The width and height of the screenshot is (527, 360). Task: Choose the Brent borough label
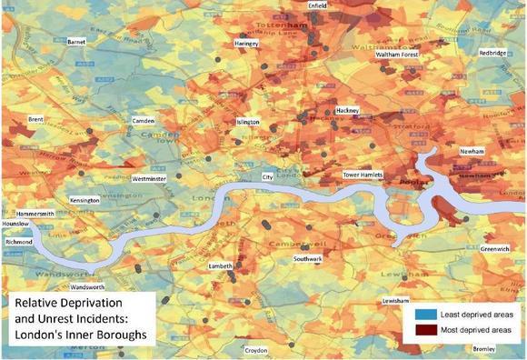pyautogui.click(x=36, y=119)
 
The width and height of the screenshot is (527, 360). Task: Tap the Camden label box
pyautogui.click(x=144, y=121)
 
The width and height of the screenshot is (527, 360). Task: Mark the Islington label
pyautogui.click(x=248, y=122)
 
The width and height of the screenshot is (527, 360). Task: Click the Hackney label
pyautogui.click(x=348, y=110)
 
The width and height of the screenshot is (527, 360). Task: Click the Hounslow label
pyautogui.click(x=15, y=224)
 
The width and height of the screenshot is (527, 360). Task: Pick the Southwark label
pyautogui.click(x=308, y=260)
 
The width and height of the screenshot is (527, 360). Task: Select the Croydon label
pyautogui.click(x=255, y=350)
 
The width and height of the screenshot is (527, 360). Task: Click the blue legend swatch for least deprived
pyautogui.click(x=423, y=313)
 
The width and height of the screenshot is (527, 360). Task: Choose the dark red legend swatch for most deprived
pyautogui.click(x=423, y=329)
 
